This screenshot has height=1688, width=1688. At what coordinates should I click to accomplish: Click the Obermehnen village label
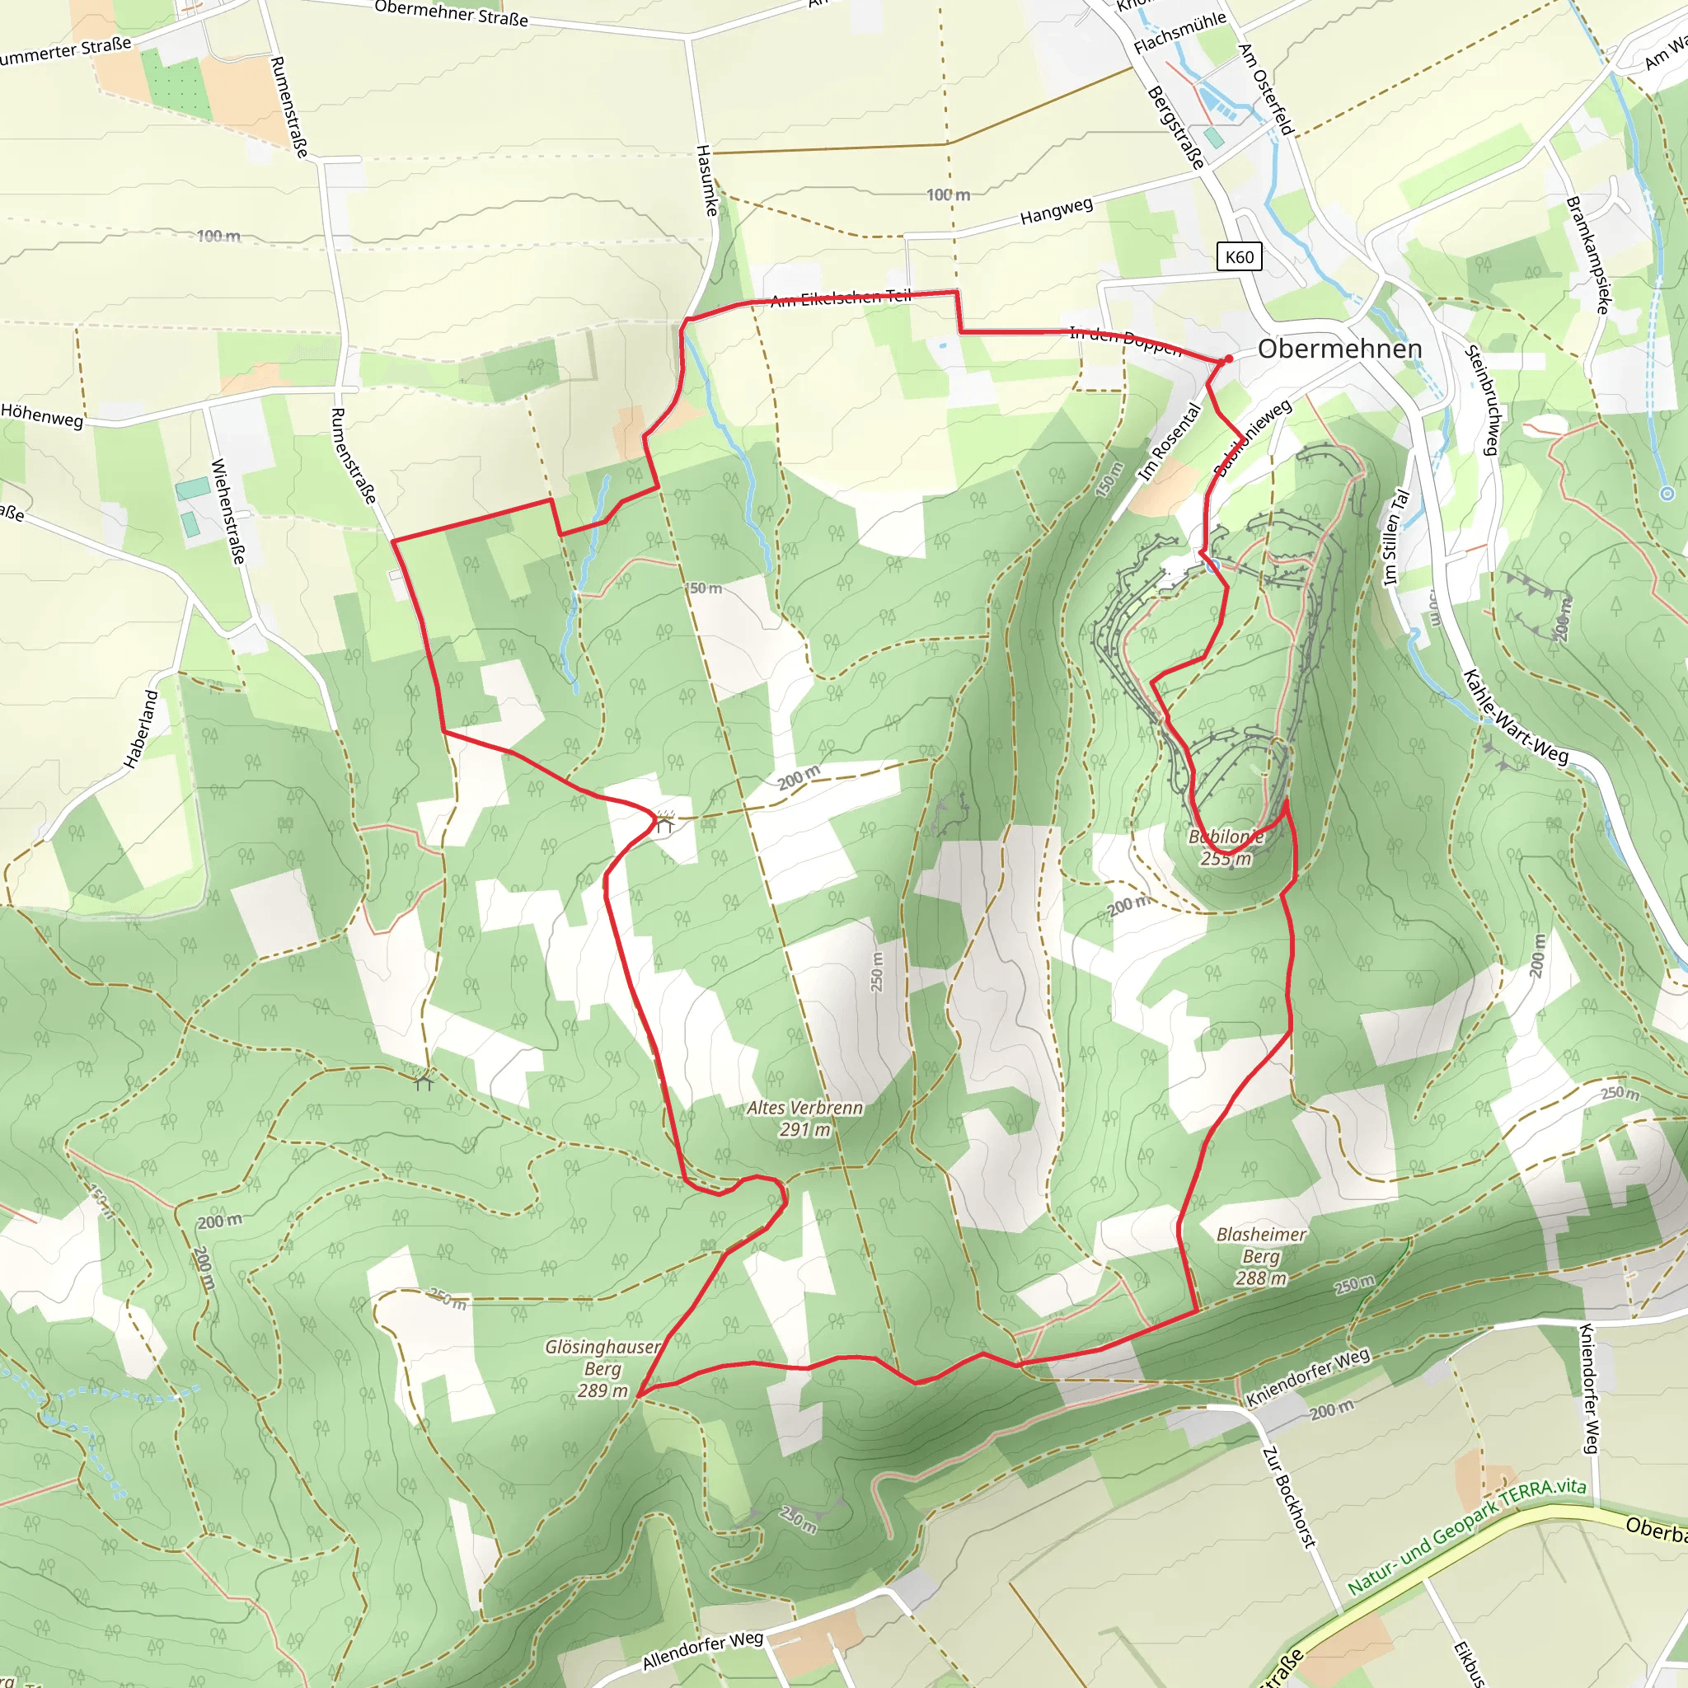click(1339, 349)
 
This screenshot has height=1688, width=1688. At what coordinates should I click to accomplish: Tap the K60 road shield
click(1239, 257)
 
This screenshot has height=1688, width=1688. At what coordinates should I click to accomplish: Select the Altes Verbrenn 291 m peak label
click(804, 1118)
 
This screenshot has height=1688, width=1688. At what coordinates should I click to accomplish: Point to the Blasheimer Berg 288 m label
click(1261, 1256)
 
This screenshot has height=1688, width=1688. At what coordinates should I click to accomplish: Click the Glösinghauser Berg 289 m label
click(603, 1368)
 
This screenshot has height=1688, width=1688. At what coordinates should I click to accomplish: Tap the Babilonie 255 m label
click(1226, 847)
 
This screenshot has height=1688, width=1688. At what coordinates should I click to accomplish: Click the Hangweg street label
click(1057, 212)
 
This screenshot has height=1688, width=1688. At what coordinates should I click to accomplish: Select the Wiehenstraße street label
click(228, 511)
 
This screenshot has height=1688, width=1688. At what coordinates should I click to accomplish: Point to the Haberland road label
click(142, 729)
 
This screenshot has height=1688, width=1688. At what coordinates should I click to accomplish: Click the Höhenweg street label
click(42, 415)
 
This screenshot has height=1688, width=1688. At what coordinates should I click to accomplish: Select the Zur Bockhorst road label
click(1289, 1498)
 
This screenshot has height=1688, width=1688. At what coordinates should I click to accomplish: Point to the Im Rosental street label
click(1170, 442)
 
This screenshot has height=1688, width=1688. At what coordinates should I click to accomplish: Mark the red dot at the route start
click(1228, 359)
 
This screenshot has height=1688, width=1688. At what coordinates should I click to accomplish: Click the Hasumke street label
click(707, 181)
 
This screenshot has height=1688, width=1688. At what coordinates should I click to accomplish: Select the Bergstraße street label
click(1175, 128)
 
